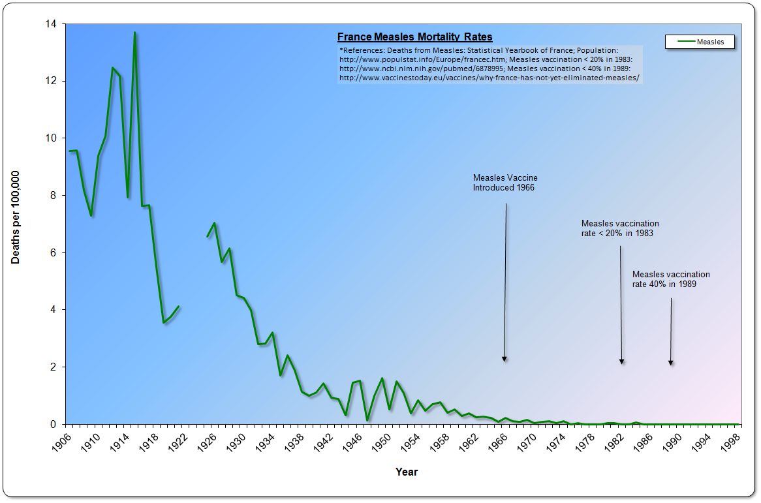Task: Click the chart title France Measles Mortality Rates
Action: [x=414, y=37]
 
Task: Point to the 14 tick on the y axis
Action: [x=51, y=24]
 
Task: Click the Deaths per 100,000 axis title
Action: [x=16, y=217]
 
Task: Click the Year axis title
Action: [x=407, y=472]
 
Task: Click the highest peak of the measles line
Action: [x=134, y=32]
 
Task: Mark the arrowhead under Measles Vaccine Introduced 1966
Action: [x=505, y=358]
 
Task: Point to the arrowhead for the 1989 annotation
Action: [x=670, y=362]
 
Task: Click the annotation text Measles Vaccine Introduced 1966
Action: [x=505, y=183]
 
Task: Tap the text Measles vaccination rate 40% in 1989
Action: [x=671, y=279]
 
